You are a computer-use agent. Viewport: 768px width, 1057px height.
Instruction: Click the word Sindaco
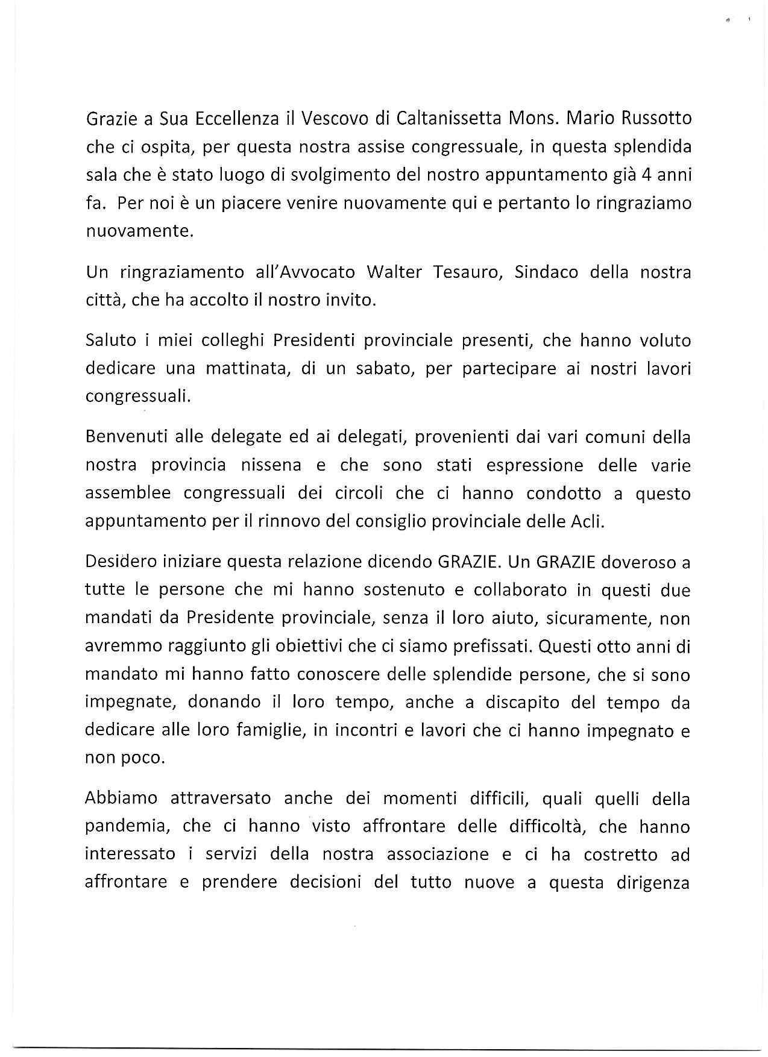[547, 272]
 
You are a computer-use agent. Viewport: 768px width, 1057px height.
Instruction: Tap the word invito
[350, 300]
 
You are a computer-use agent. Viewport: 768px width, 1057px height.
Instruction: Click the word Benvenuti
[125, 437]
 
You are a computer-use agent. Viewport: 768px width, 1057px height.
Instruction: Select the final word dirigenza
[653, 883]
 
